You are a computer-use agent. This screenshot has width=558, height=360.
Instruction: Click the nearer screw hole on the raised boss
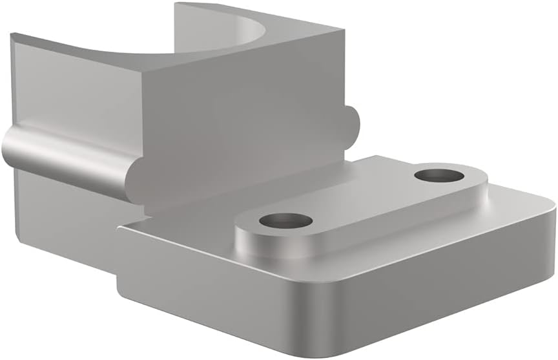[x=285, y=221]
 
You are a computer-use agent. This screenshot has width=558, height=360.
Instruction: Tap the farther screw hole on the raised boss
[x=439, y=175]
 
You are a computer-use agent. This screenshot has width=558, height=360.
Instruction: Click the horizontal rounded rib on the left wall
[x=65, y=155]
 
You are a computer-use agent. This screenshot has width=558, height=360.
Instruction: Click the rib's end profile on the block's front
[x=139, y=181]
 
